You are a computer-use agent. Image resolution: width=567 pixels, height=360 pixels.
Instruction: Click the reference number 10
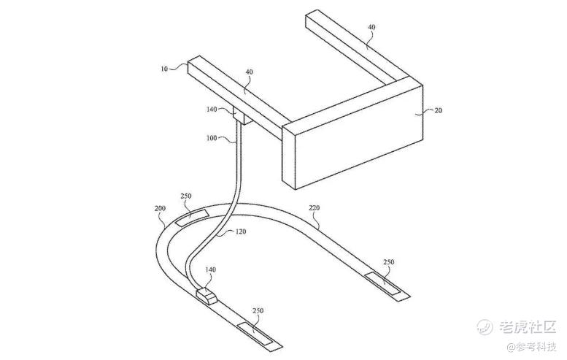(x=164, y=69)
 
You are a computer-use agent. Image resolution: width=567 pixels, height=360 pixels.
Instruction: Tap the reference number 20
(x=438, y=110)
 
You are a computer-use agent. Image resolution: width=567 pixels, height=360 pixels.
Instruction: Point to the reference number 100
(x=212, y=138)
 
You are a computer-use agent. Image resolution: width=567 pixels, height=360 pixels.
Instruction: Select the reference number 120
(x=241, y=231)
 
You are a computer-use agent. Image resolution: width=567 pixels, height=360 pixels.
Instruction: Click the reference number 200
(x=160, y=208)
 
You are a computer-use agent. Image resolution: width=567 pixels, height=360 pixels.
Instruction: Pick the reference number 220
(x=315, y=208)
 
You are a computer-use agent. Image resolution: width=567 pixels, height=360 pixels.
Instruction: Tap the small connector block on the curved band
(x=207, y=296)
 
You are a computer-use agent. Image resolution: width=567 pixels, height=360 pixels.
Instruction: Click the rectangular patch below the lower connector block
(x=255, y=333)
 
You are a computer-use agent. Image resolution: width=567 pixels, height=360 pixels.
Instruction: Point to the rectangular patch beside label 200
(x=192, y=217)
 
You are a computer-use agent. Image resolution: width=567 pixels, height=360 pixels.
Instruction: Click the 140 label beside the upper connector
(x=212, y=110)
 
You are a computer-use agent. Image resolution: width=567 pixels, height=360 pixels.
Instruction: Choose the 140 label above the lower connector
(x=210, y=269)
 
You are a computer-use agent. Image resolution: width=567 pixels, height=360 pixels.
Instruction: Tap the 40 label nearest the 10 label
(x=249, y=72)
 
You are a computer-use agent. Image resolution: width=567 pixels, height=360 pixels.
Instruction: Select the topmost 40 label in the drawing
(x=371, y=27)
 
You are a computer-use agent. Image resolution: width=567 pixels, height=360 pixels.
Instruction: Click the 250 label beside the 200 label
(x=185, y=196)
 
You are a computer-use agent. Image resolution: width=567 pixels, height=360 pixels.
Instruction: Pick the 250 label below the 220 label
(x=388, y=262)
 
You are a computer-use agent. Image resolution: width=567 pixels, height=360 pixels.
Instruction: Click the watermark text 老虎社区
(x=527, y=326)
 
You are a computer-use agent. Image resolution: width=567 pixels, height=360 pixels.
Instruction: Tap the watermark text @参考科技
(x=531, y=347)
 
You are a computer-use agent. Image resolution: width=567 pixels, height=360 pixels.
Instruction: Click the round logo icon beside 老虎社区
(x=485, y=326)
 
